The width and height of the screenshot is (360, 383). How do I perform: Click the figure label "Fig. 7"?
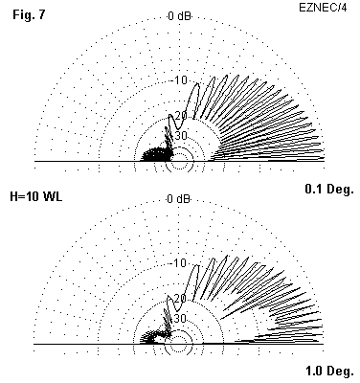29,15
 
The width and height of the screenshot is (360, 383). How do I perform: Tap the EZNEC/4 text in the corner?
323,8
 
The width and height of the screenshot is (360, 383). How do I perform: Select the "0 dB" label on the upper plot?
179,16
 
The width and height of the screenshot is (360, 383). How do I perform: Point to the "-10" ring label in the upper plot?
180,80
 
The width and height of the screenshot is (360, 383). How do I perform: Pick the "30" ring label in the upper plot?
181,136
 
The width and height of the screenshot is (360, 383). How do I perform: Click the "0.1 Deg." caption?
329,190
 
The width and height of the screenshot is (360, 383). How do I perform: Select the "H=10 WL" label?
36,196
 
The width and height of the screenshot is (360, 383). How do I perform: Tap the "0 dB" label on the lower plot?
178,199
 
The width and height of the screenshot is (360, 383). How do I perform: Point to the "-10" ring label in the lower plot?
179,263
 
